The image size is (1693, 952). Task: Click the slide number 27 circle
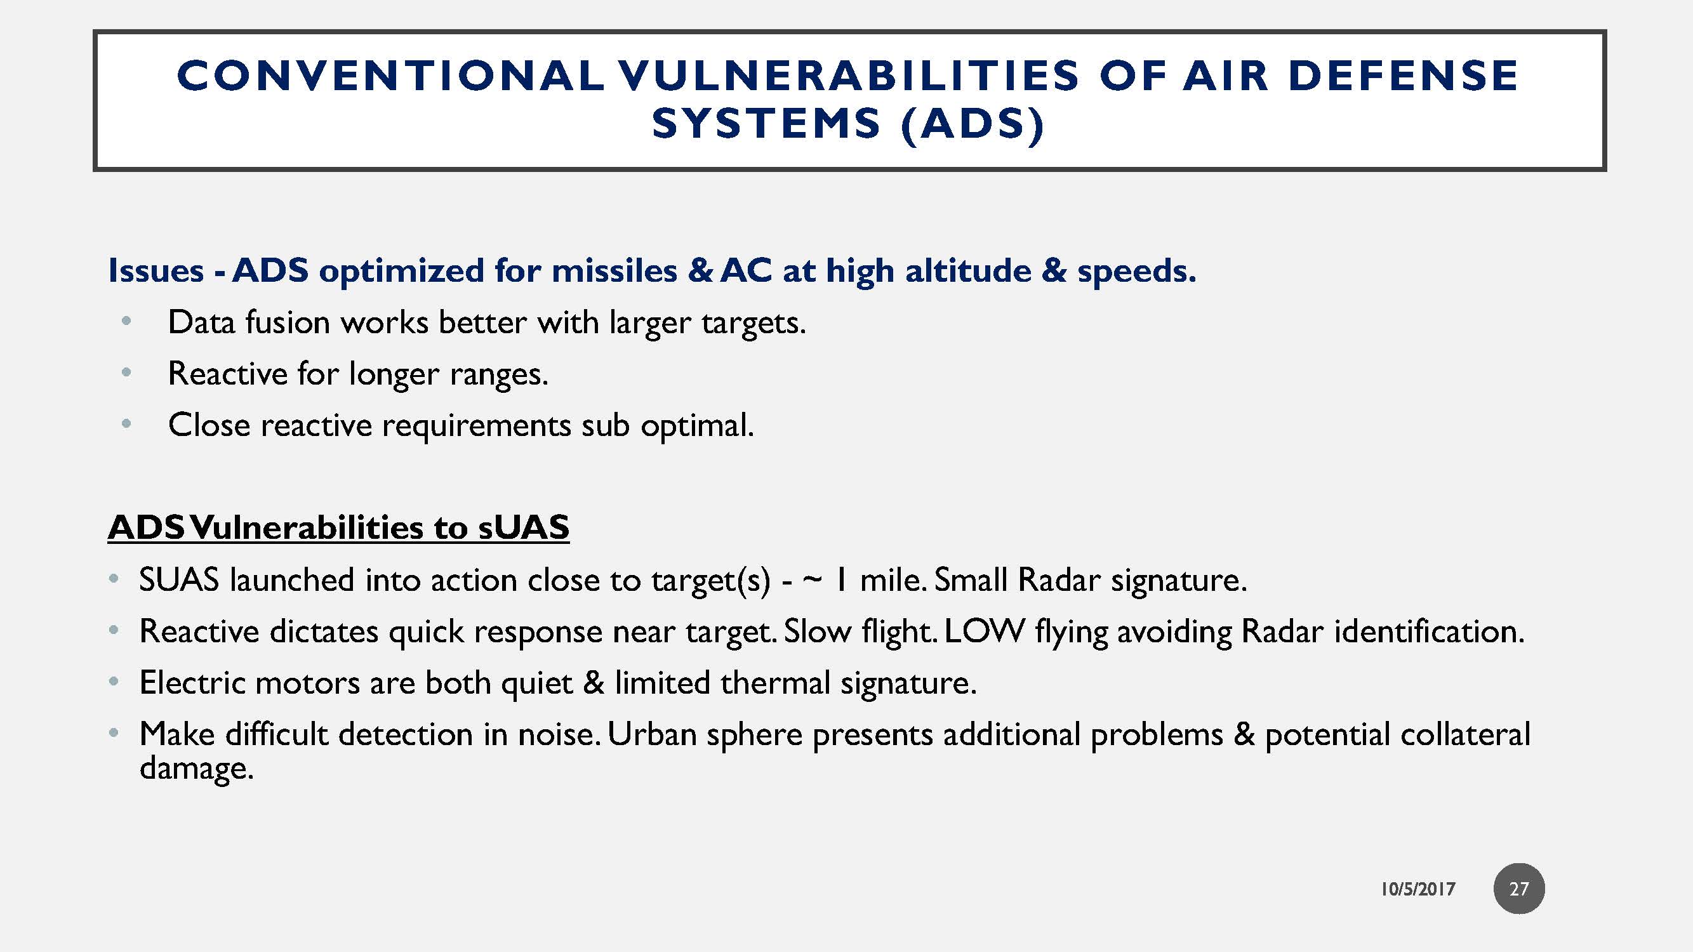pos(1518,889)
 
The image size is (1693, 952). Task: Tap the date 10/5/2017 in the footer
pos(1417,889)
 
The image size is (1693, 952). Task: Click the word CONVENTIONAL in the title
pos(390,76)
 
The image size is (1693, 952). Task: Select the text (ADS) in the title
pos(972,124)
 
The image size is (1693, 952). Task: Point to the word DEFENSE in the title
pos(1403,76)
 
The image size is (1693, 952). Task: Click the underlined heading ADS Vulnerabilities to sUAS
pos(338,527)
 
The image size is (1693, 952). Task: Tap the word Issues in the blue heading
pos(156,271)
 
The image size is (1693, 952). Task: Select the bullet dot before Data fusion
pos(127,321)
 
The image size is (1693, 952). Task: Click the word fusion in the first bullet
pos(287,322)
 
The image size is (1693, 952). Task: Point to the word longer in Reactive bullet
pos(394,374)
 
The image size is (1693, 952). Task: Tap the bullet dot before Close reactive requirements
pos(127,424)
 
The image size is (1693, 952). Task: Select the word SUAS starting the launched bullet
pos(179,580)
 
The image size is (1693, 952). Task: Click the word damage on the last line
pos(196,768)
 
